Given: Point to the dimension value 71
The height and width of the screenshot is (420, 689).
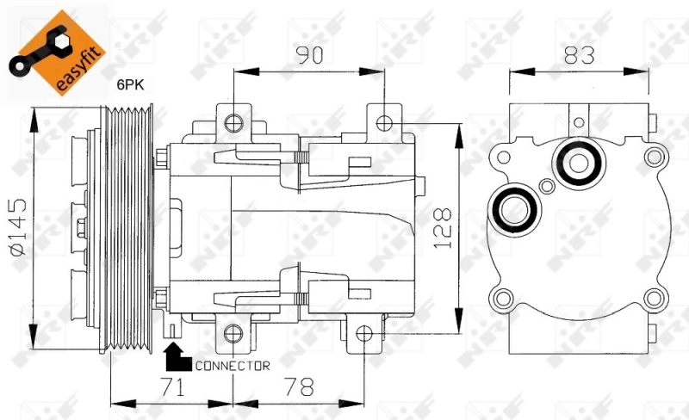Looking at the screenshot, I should tap(172, 387).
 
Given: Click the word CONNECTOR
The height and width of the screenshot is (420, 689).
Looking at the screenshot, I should tap(233, 366).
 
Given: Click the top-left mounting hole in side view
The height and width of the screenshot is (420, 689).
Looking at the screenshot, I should tap(231, 122).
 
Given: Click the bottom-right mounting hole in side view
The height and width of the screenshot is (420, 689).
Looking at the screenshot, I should tap(364, 334).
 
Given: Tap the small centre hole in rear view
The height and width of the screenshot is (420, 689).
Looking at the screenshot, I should tap(545, 186).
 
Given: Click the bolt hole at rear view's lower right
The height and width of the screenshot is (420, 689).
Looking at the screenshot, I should tap(655, 300).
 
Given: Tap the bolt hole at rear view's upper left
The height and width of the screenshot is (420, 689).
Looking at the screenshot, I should tap(501, 157).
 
